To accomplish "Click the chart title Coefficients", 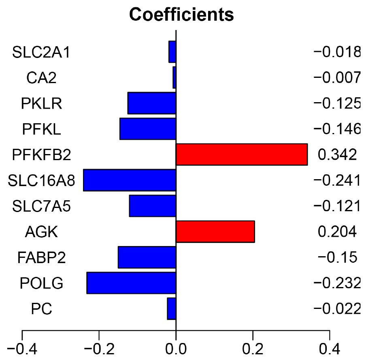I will [x=181, y=15].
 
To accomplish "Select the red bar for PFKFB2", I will [x=242, y=154].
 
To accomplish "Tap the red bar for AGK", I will [x=215, y=231].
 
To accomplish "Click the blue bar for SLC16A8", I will [x=130, y=180].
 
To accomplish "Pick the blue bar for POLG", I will [x=131, y=283].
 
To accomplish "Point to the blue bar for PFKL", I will [x=148, y=129].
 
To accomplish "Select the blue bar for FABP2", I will [x=147, y=257].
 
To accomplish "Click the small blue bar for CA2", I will [x=174, y=77].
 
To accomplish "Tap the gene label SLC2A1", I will [x=41, y=52].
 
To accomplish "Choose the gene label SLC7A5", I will [x=41, y=206].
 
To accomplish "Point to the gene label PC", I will [x=41, y=309].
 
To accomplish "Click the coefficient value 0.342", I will [x=337, y=154].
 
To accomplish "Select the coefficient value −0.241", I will [x=336, y=180].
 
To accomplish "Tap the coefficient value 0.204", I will [x=337, y=231].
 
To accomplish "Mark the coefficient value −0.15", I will [x=336, y=257].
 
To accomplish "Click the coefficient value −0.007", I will [x=336, y=77].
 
